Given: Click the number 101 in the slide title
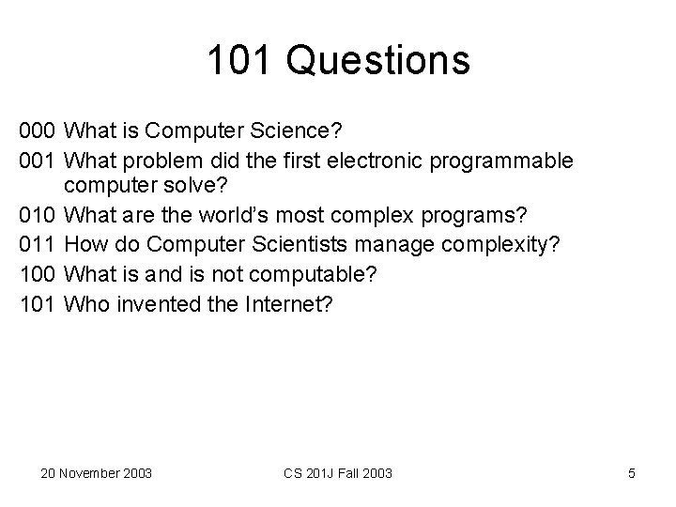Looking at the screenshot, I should click(244, 61).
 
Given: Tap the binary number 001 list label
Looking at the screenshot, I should click(38, 161).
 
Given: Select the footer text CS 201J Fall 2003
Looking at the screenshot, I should click(339, 473).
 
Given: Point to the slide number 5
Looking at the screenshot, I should click(632, 473).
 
